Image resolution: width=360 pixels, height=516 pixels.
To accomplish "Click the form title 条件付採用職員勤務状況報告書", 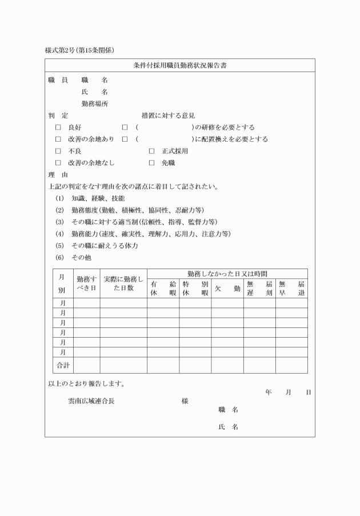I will point(180,65).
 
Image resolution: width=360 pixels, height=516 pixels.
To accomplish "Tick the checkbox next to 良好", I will point(58,127).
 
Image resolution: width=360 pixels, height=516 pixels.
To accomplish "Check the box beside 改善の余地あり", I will point(58,139).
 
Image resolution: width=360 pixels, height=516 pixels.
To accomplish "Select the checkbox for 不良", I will point(58,151).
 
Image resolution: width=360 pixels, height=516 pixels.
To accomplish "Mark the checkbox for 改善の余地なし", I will point(58,163).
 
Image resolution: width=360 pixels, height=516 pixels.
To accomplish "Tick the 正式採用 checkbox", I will point(151,151).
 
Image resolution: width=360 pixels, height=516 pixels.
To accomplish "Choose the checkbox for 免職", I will point(151,163).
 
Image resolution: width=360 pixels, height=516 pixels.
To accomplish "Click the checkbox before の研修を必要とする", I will point(125,127).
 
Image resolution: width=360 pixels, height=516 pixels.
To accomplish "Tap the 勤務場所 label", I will point(95,103).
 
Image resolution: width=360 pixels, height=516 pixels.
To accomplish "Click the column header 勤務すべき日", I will point(86,283).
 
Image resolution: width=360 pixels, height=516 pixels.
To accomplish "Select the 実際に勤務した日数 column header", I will point(123,283).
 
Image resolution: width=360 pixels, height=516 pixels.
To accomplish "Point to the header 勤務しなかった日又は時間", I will point(227,274).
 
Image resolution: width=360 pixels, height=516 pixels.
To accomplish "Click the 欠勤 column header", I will point(227,289).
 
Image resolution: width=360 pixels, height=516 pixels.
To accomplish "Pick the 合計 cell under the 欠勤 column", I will point(227,365).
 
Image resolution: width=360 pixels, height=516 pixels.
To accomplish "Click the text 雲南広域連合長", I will point(91,401).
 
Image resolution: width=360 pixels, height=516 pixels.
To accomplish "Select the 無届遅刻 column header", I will point(259,289).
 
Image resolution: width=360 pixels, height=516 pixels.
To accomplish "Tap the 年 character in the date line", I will point(269,393).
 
